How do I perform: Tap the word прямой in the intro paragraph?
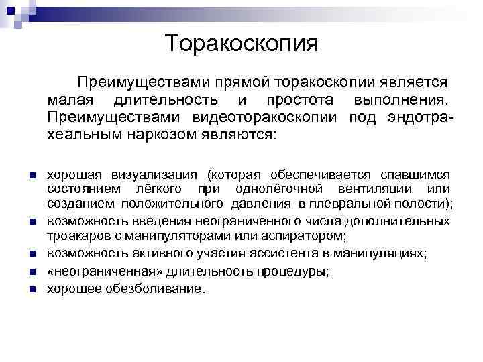(239, 83)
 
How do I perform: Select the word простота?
(299, 101)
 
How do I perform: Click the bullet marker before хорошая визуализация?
(31, 176)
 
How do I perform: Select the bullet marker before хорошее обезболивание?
(31, 290)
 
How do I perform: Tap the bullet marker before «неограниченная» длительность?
(31, 272)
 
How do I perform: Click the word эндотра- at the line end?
(411, 118)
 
